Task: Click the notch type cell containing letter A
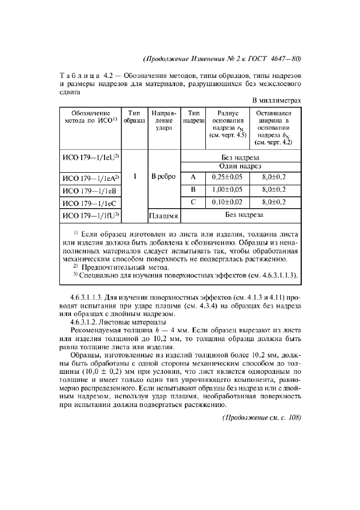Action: coord(193,177)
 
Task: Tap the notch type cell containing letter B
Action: coord(193,190)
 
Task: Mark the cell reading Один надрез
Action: coord(240,166)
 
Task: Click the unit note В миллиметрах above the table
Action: coord(277,100)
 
